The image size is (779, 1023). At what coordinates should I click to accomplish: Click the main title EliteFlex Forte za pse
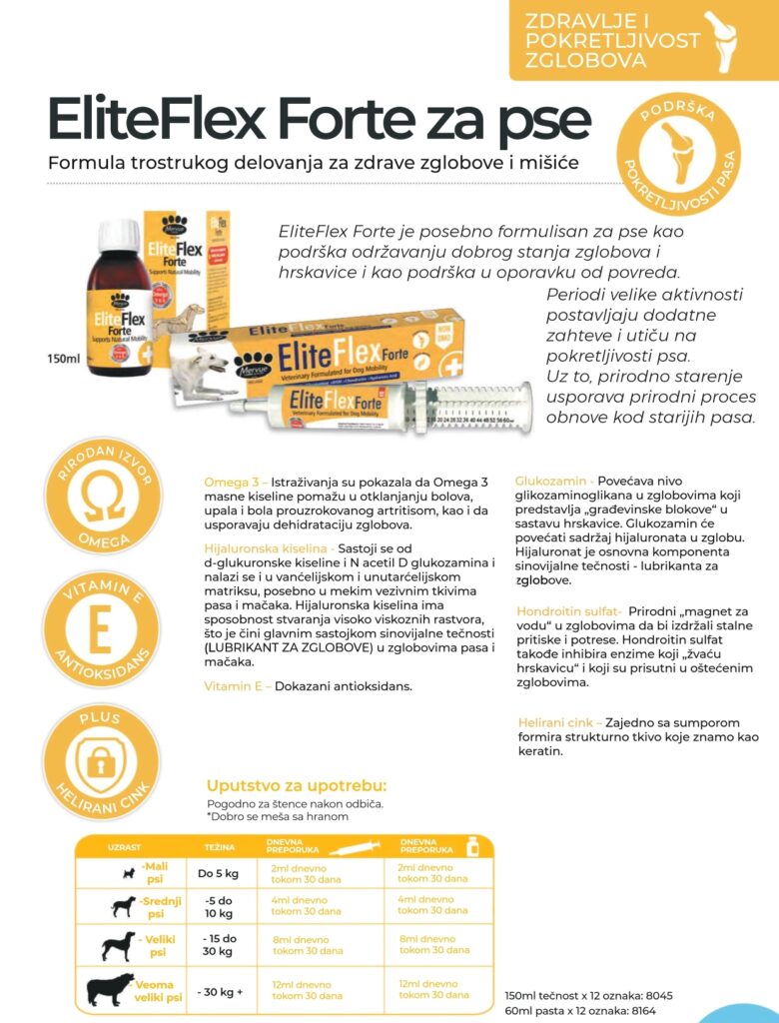pyautogui.click(x=319, y=119)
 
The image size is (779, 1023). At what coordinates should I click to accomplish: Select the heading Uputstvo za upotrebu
pyautogui.click(x=296, y=785)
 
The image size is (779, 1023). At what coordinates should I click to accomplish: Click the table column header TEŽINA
pyautogui.click(x=220, y=847)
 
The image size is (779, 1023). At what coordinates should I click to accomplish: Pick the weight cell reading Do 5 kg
pyautogui.click(x=219, y=874)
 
